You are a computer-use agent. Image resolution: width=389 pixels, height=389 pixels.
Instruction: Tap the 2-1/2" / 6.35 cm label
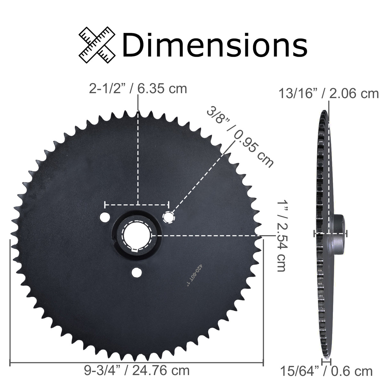pyautogui.click(x=138, y=88)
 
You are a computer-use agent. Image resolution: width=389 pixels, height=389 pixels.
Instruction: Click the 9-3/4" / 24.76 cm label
pyautogui.click(x=137, y=370)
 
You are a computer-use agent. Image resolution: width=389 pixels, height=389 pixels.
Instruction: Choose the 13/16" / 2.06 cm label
pyautogui.click(x=328, y=94)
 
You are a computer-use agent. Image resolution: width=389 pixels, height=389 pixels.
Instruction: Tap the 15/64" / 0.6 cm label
pyautogui.click(x=326, y=371)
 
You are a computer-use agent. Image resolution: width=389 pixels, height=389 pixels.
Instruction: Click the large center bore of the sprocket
pyautogui.click(x=136, y=235)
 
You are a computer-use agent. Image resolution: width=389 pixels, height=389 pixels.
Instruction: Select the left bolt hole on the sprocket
pyautogui.click(x=103, y=217)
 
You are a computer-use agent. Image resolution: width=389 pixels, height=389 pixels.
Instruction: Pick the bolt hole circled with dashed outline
pyautogui.click(x=169, y=217)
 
